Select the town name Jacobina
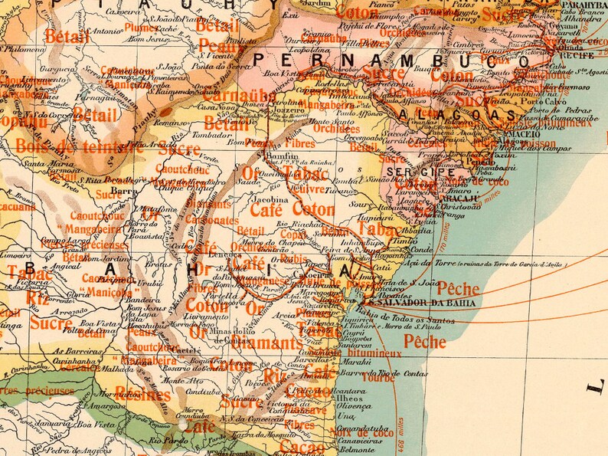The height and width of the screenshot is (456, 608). point(263,198)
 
